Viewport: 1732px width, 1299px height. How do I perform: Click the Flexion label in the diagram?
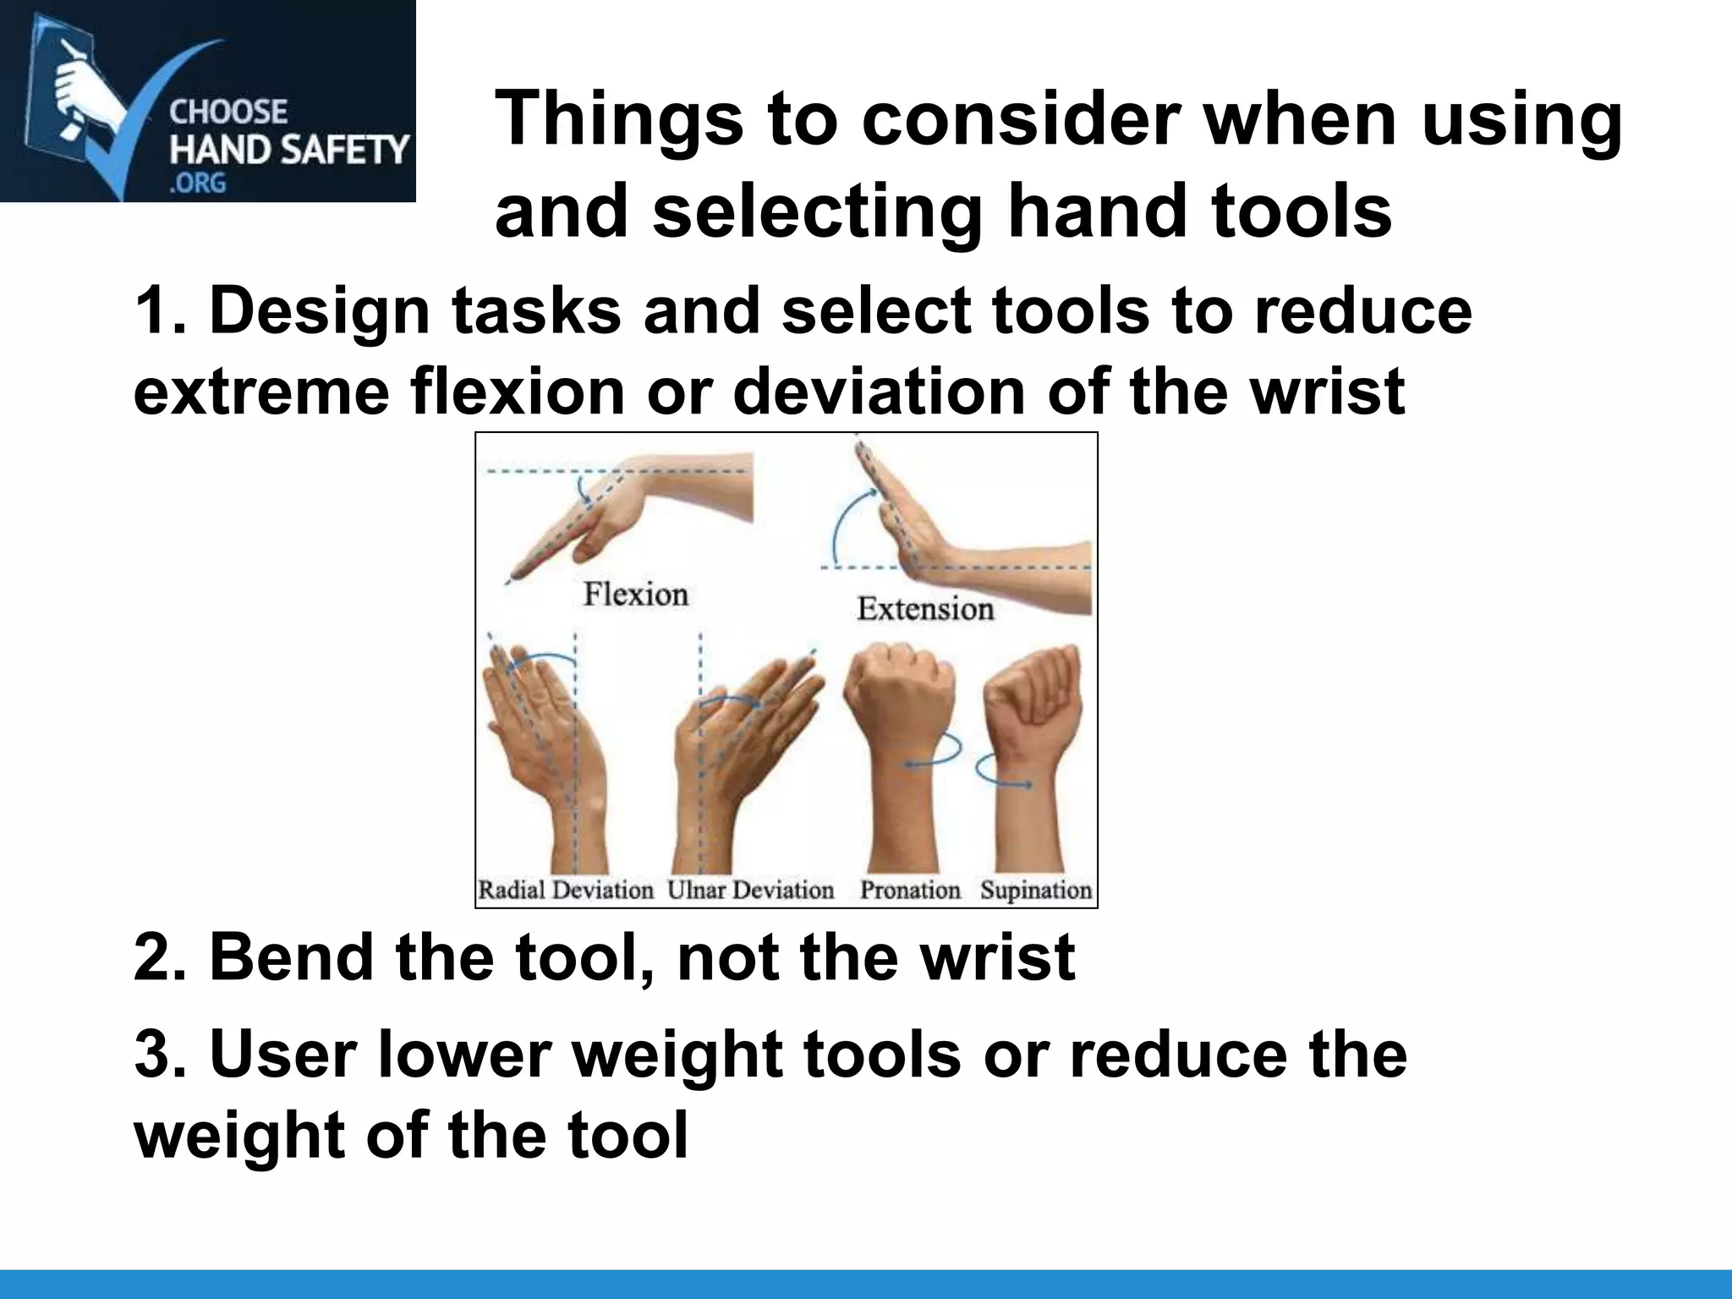[636, 595]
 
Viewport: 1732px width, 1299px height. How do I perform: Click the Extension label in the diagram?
[925, 609]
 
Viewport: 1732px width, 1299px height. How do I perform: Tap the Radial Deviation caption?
[566, 890]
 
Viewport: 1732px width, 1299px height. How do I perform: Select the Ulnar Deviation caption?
[751, 890]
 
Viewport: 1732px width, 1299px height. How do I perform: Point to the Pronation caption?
[910, 890]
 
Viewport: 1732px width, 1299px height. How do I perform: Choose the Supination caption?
[1036, 890]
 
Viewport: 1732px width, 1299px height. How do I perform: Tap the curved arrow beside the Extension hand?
[846, 524]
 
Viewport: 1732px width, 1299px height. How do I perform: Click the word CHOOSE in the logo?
[228, 112]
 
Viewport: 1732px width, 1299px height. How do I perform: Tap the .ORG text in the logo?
[198, 183]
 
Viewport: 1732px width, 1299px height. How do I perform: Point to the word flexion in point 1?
[518, 392]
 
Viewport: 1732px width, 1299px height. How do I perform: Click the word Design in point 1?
[320, 311]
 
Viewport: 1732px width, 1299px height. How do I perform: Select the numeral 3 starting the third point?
[152, 1055]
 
